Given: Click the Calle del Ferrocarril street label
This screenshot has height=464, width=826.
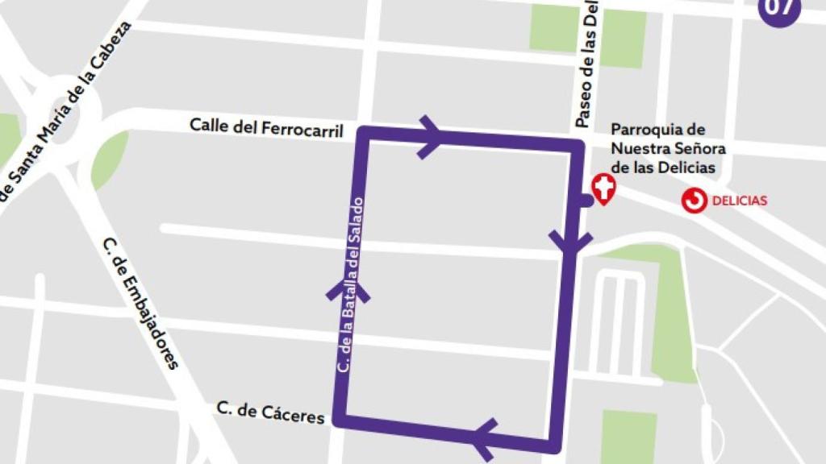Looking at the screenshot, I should tap(266, 126).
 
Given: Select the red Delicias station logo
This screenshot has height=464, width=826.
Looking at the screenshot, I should tap(693, 201).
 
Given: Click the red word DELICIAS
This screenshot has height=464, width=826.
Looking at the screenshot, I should tap(740, 201).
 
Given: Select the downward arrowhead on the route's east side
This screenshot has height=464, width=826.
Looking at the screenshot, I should tap(570, 240).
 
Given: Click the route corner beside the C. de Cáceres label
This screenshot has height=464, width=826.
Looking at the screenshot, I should tap(343, 420).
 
